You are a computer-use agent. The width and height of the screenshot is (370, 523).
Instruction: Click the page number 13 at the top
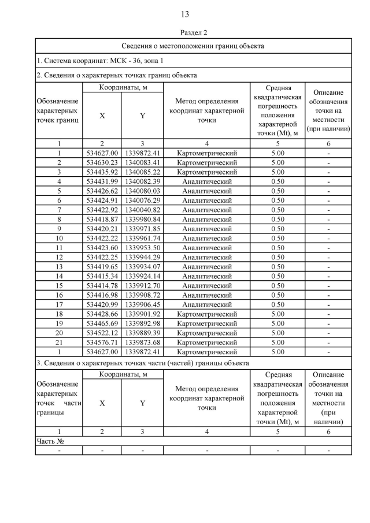pyautogui.click(x=185, y=14)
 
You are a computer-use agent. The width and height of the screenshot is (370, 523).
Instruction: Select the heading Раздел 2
pyautogui.click(x=185, y=33)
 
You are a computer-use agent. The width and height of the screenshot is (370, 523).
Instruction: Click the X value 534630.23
pyautogui.click(x=102, y=163)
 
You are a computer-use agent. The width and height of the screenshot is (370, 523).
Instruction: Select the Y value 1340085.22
pyautogui.click(x=142, y=172)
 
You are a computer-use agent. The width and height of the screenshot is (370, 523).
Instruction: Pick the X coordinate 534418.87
pyautogui.click(x=102, y=220)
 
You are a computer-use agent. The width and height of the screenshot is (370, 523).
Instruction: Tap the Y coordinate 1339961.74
pyautogui.click(x=142, y=238)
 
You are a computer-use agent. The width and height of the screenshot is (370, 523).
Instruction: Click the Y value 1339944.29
pyautogui.click(x=142, y=257)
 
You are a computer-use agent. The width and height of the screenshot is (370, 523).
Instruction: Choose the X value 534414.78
pyautogui.click(x=102, y=285)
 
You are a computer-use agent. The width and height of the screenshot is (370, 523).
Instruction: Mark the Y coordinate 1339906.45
pyautogui.click(x=142, y=305)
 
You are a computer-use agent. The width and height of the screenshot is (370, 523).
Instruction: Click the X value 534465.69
pyautogui.click(x=102, y=323)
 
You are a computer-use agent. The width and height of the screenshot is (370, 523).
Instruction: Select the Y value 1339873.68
pyautogui.click(x=142, y=342)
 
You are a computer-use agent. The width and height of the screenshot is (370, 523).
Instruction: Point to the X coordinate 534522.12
pyautogui.click(x=102, y=333)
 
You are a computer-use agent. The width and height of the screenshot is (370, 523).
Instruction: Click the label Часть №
pyautogui.click(x=50, y=441)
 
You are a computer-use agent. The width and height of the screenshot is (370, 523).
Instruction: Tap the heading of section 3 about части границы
pyautogui.click(x=143, y=363)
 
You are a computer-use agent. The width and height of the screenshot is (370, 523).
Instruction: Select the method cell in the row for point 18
pyautogui.click(x=206, y=314)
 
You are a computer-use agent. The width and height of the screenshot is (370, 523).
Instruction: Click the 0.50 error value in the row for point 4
pyautogui.click(x=277, y=181)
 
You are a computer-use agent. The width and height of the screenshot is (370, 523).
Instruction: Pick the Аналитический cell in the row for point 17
pyautogui.click(x=206, y=305)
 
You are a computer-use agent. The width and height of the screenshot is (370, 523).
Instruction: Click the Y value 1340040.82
pyautogui.click(x=142, y=210)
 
